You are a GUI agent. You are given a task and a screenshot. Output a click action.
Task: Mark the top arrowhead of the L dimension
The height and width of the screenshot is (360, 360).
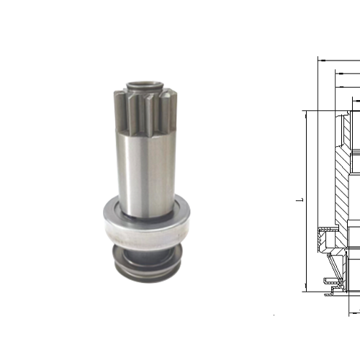point(307,113)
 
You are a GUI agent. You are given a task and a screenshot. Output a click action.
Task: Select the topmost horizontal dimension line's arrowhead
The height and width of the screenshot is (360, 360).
point(321,60)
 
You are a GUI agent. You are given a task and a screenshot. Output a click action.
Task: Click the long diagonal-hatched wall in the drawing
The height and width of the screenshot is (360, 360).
point(340,180)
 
